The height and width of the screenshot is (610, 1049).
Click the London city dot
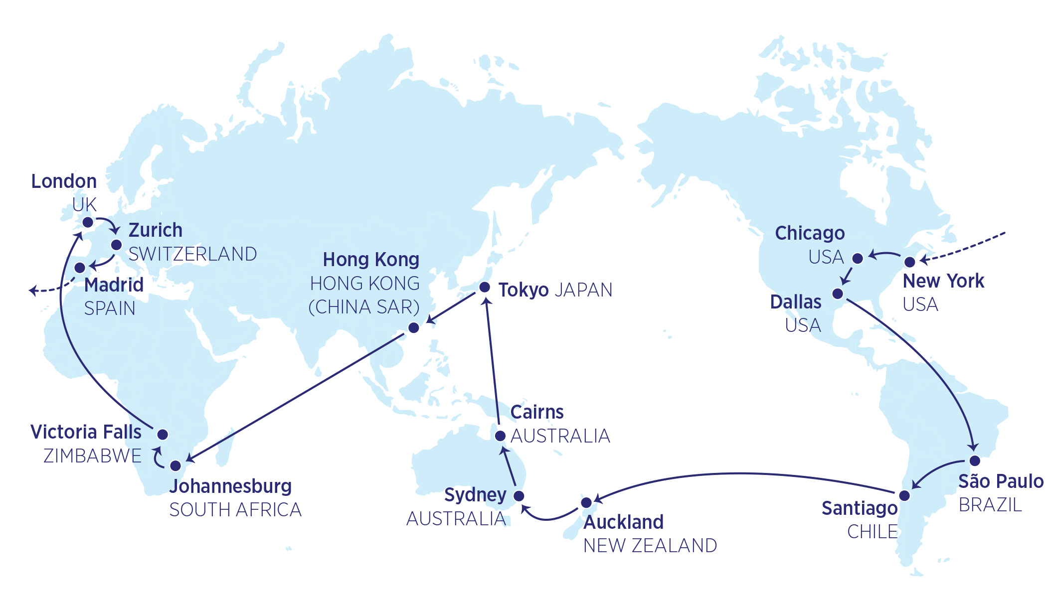tap(88, 222)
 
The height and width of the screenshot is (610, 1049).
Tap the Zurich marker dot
tap(116, 245)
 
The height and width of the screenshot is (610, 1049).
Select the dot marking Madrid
tap(80, 268)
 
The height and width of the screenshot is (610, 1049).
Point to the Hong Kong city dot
tap(414, 327)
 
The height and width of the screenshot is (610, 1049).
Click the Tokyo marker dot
tap(484, 287)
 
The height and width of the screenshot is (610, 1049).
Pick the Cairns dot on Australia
tap(500, 436)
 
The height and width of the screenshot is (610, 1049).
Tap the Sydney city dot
tap(519, 496)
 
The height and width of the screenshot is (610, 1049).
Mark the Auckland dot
tap(587, 502)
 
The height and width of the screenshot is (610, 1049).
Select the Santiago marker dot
tap(904, 495)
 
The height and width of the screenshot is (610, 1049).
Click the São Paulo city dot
tap(975, 460)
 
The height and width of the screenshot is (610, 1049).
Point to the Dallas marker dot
tap(838, 294)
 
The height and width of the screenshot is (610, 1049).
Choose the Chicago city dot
tap(858, 258)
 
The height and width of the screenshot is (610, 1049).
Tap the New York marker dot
tap(909, 262)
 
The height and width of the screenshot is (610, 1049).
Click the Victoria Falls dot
tap(163, 434)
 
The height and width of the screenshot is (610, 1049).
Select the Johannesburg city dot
tap(175, 465)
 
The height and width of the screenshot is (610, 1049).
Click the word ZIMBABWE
tap(93, 456)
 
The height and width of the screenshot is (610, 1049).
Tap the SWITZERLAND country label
tap(193, 254)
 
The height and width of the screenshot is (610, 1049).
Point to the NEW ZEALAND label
tap(650, 546)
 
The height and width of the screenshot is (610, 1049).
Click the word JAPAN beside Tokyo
tap(583, 290)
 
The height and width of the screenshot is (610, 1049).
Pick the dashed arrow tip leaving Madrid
tap(31, 290)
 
